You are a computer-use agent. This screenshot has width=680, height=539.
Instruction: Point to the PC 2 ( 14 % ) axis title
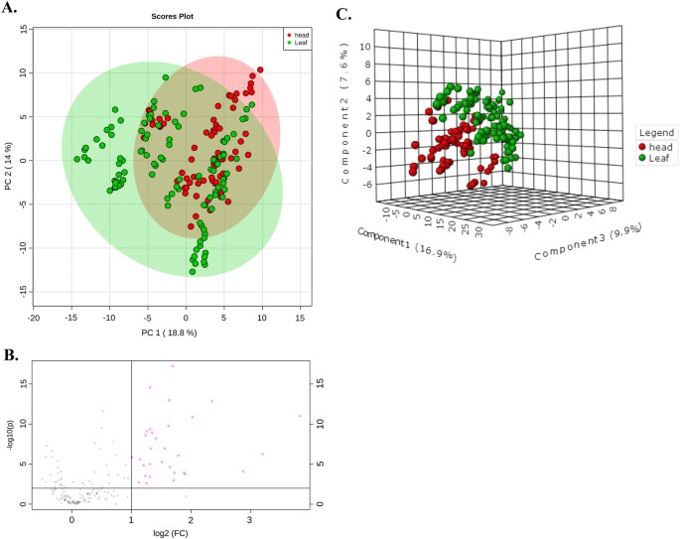8,160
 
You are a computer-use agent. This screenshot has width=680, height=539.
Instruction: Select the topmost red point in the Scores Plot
260,70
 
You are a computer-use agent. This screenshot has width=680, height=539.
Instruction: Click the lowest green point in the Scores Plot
193,271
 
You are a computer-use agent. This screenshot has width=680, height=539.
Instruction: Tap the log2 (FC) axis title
165,532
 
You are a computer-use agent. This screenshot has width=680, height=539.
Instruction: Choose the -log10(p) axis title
9,433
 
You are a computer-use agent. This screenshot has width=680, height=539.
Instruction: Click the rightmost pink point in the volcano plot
299,416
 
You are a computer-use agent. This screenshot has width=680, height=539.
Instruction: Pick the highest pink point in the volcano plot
172,366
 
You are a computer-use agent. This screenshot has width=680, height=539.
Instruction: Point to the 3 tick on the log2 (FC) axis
249,517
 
